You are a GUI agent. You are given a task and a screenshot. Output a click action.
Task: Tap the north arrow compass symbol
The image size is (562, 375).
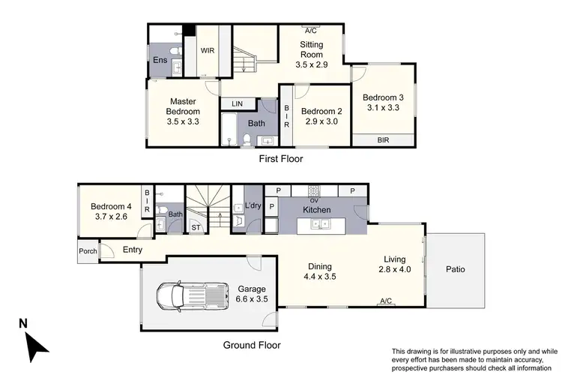point(33,341)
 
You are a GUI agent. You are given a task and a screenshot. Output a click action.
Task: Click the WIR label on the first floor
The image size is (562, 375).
point(207,51)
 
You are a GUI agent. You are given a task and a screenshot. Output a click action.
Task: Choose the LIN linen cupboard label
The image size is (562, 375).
point(238,103)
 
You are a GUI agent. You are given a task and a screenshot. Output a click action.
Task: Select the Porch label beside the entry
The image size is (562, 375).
point(88,251)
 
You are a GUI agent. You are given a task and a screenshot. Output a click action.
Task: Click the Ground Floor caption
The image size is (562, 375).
point(251,346)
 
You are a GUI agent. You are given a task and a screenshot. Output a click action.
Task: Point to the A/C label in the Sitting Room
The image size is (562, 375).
point(310,31)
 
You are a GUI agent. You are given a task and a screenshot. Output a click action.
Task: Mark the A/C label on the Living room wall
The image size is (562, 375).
point(387,301)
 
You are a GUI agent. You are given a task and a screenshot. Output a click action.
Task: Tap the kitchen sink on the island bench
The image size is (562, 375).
point(321,223)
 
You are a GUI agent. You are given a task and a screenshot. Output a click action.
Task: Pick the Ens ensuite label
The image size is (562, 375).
point(160,60)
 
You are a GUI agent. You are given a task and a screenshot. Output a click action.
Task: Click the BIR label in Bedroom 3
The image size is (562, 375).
point(383,139)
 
